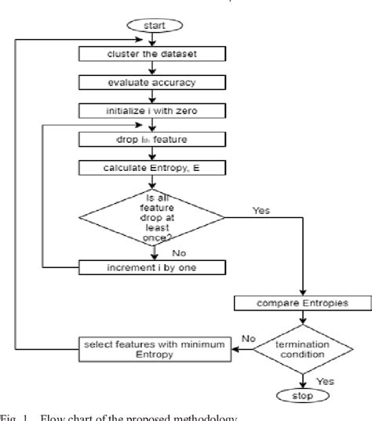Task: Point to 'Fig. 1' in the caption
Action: click(12, 416)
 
